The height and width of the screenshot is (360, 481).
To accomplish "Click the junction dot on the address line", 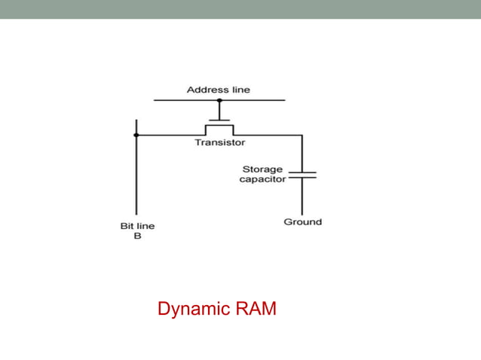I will click(219, 100).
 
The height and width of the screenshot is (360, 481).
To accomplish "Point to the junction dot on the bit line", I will click(136, 136).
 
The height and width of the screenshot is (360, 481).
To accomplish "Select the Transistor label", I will click(219, 142).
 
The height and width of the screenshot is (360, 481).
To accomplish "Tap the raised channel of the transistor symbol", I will click(219, 127).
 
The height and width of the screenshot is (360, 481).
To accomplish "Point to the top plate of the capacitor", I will click(302, 172).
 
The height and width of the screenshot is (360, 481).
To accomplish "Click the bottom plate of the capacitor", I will click(302, 178).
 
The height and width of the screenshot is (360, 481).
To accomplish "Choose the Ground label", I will click(302, 222).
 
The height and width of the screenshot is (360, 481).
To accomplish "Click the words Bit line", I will click(136, 225).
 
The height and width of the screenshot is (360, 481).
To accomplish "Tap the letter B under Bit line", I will click(136, 235).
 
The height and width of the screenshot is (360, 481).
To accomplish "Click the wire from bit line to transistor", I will click(170, 136).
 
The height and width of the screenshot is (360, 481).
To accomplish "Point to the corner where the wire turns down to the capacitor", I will click(302, 136).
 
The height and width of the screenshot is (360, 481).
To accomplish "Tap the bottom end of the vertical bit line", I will click(136, 215).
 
